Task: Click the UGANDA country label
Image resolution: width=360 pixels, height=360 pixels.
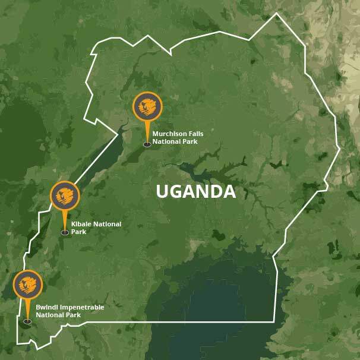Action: pyautogui.click(x=195, y=192)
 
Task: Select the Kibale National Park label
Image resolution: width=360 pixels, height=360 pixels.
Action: pyautogui.click(x=96, y=228)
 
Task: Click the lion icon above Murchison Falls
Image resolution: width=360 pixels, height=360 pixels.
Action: pyautogui.click(x=147, y=107)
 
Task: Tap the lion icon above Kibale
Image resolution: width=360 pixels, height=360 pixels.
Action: pyautogui.click(x=65, y=195)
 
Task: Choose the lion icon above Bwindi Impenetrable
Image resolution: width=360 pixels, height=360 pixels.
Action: pyautogui.click(x=27, y=285)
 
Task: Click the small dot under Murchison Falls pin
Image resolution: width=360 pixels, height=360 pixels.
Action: pyautogui.click(x=147, y=144)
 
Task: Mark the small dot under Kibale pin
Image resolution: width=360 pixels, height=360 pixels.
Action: pyautogui.click(x=65, y=233)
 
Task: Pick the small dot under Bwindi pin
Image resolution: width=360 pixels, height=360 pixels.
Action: pyautogui.click(x=27, y=321)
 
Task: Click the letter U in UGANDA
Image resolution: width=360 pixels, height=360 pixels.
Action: pyautogui.click(x=162, y=192)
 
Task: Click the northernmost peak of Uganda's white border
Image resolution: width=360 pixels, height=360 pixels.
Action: pyautogui.click(x=276, y=13)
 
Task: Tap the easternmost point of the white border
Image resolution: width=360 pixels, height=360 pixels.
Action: pyautogui.click(x=340, y=147)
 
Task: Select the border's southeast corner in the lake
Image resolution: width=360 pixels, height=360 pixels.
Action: pyautogui.click(x=274, y=321)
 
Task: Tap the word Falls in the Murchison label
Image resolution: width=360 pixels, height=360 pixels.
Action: pyautogui.click(x=193, y=134)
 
